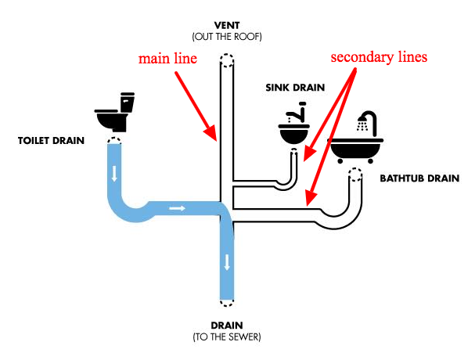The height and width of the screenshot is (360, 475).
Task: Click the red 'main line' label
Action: (167, 59)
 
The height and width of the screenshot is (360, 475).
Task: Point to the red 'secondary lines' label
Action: (379, 58)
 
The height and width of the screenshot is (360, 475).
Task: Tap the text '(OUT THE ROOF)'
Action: (226, 37)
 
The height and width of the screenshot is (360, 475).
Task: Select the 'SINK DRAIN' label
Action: (293, 88)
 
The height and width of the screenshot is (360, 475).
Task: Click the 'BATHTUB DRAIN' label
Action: (419, 179)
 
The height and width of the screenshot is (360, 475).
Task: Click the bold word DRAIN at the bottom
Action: (226, 325)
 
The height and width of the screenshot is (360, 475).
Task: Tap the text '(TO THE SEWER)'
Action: (226, 337)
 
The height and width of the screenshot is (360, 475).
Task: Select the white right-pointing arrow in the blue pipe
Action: (178, 208)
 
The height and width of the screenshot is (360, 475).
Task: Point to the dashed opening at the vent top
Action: (226, 61)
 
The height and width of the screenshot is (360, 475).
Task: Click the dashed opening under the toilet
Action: (114, 142)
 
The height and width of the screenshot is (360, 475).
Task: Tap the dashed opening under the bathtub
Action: (356, 173)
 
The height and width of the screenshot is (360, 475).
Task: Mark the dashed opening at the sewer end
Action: (226, 301)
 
